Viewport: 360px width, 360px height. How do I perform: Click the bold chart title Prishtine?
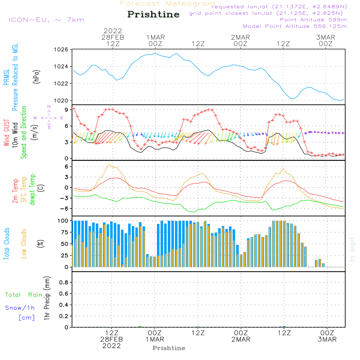click(x=153, y=14)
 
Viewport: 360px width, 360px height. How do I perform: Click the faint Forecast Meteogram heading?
click(x=168, y=4)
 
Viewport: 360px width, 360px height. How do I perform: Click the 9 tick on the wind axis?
click(x=67, y=109)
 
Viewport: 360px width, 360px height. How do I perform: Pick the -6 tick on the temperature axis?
click(x=65, y=208)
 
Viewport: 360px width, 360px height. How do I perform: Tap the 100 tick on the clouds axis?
click(x=63, y=221)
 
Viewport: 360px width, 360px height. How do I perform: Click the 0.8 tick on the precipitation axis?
click(x=64, y=283)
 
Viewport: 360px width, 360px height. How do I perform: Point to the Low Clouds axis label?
click(x=24, y=243)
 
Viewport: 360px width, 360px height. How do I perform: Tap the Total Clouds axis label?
click(x=7, y=243)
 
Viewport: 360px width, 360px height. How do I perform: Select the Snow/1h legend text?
click(x=20, y=308)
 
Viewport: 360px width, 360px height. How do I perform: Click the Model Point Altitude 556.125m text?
click(x=295, y=26)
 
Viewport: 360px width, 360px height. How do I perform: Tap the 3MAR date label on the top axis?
click(x=326, y=37)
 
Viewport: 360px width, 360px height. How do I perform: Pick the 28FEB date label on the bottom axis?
click(x=112, y=339)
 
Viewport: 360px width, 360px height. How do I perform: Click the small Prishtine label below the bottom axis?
click(x=169, y=348)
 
